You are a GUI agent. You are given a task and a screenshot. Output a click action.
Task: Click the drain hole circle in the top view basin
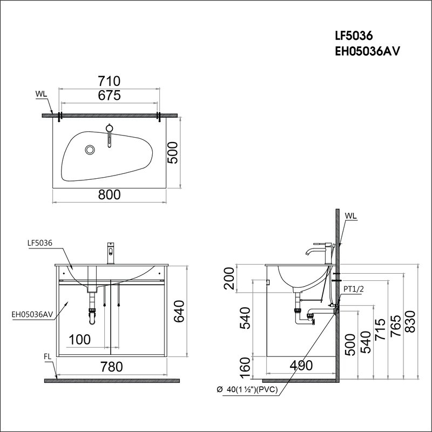tap(90, 149)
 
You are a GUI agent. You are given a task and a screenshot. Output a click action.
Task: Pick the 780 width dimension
tap(111, 367)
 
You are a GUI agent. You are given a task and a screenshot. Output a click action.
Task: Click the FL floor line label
tap(48, 356)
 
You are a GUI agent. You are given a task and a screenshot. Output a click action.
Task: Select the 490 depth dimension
tap(300, 366)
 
